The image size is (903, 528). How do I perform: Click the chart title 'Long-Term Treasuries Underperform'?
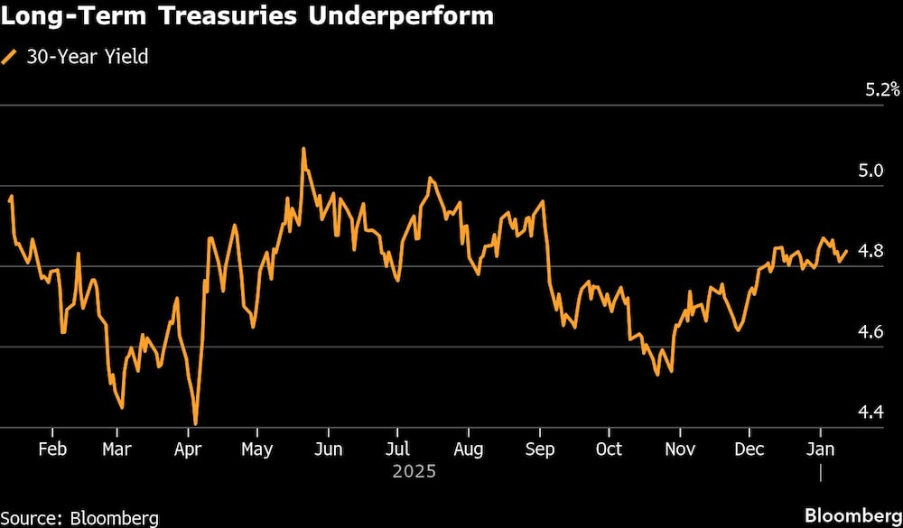pos(248,16)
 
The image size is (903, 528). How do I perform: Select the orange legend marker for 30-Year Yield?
pos(10,57)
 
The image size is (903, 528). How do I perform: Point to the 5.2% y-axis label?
pos(882,89)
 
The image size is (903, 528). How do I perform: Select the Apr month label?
pos(187,449)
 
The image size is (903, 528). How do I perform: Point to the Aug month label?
pos(467,449)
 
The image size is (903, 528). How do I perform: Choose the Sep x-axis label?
pos(539,449)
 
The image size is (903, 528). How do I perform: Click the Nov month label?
pos(679,449)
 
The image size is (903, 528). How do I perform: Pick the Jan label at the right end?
pos(820,449)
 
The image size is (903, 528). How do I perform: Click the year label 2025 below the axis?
pos(414,471)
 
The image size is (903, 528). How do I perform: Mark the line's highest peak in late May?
pos(303,149)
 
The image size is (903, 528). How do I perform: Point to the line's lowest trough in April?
pos(195,423)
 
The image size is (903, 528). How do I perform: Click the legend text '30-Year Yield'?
pos(86,57)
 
